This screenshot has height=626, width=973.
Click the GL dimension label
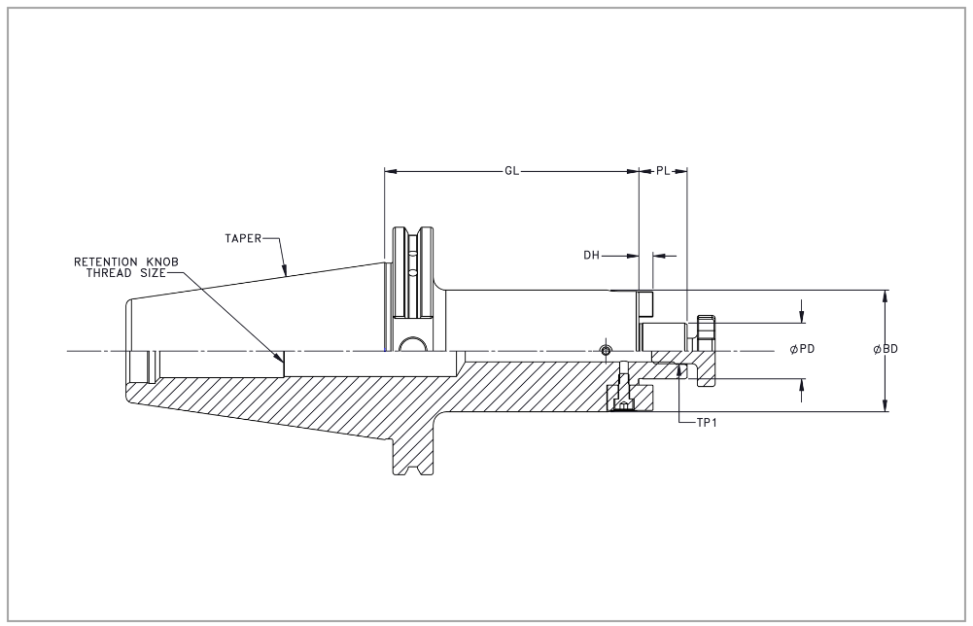click(x=512, y=171)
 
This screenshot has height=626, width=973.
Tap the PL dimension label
click(x=663, y=171)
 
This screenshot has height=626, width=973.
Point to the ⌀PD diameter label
click(x=802, y=349)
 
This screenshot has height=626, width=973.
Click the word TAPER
click(x=241, y=236)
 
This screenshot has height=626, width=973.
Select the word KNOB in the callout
click(x=161, y=261)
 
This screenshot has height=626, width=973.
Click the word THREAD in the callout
click(x=110, y=273)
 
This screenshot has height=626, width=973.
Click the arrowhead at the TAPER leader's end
click(x=285, y=276)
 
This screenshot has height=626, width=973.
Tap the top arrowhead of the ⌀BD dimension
click(x=884, y=296)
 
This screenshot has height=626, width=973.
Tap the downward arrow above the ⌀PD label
click(x=802, y=317)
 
